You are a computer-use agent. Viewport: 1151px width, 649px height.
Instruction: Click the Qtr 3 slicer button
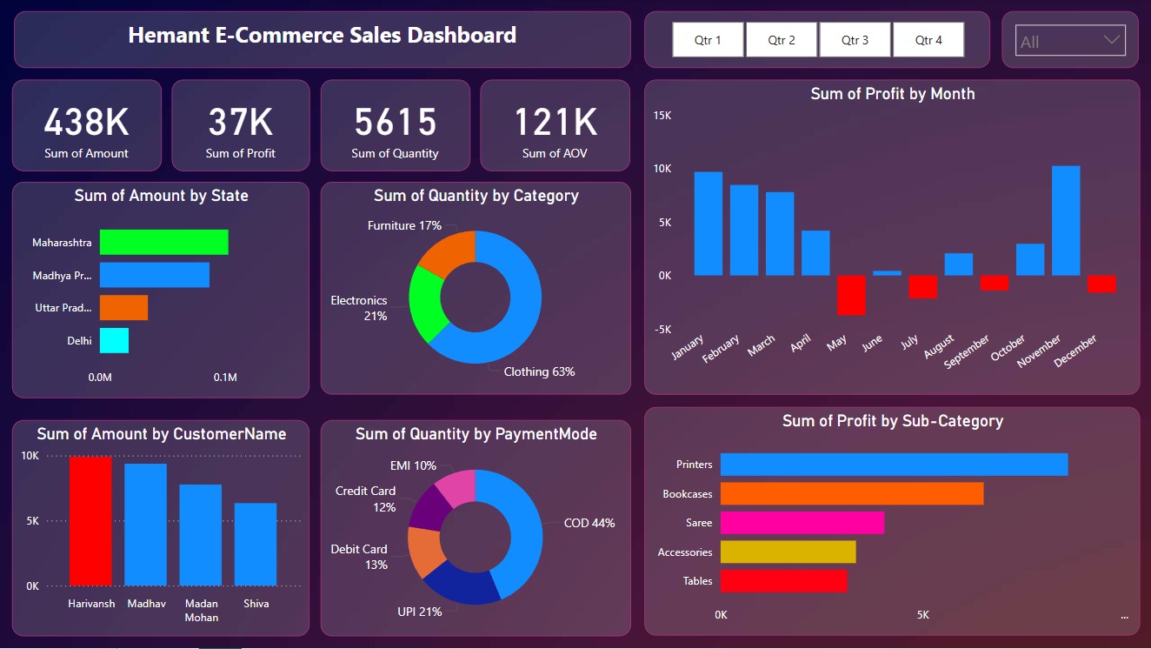tap(855, 40)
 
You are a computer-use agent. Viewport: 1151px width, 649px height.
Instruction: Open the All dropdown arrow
tap(1111, 40)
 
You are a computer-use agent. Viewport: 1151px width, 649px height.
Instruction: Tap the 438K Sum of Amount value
tap(86, 123)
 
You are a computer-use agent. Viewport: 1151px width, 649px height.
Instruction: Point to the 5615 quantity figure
tap(395, 123)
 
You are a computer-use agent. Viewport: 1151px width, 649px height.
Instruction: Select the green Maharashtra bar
tap(163, 242)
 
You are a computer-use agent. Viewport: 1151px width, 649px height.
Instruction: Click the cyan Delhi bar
tap(114, 340)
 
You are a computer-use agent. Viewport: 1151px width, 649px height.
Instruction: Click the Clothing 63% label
tap(539, 371)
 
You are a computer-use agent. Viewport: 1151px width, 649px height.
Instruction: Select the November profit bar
tap(1066, 221)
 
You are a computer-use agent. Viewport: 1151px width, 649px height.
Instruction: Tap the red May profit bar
tap(851, 295)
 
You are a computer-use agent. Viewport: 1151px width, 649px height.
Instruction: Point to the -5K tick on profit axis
tap(662, 329)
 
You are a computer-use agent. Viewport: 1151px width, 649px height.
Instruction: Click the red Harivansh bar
tap(90, 521)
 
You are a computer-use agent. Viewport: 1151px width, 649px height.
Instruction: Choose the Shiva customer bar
tap(256, 544)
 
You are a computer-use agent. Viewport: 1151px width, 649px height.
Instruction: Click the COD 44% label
tap(589, 523)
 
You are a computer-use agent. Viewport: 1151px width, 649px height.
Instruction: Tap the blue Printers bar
tap(894, 465)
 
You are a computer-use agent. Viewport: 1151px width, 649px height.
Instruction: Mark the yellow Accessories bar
tap(788, 552)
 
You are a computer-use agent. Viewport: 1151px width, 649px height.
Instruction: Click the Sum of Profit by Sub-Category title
tap(892, 421)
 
